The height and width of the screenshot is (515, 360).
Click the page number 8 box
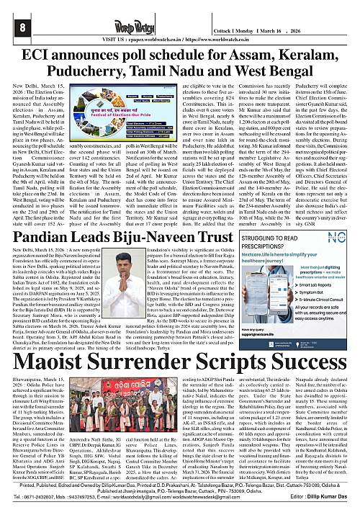[13, 27]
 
